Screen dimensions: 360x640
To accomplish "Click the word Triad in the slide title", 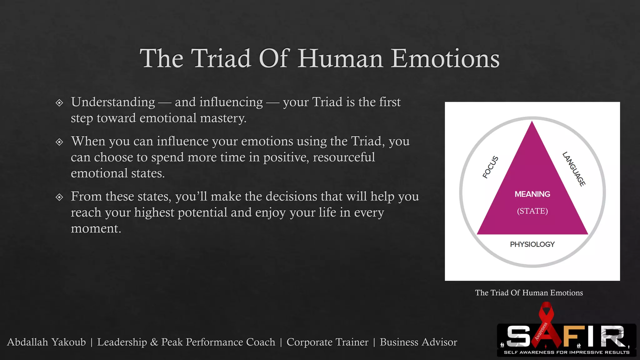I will tap(221, 58).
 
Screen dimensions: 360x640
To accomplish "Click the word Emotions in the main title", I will tap(445, 58).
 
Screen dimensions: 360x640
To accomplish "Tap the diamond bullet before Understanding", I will tap(59, 103).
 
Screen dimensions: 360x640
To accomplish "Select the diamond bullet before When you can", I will tap(59, 142).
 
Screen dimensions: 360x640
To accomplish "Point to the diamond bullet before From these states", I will tap(59, 197).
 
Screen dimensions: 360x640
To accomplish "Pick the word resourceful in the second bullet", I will tap(344, 157).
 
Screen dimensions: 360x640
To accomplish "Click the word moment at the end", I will tap(95, 228).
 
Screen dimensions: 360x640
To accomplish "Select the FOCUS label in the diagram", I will tap(490, 167).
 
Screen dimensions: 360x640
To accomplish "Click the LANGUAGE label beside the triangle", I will tap(574, 169).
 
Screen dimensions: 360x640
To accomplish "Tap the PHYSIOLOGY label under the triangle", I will tap(532, 244).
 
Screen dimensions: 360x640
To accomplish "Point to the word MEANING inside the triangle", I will tap(532, 194).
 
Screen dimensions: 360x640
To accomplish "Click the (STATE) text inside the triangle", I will tap(532, 211).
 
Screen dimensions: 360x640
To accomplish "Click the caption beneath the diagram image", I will tap(529, 293).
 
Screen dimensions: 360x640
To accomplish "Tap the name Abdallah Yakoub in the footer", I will tap(46, 342).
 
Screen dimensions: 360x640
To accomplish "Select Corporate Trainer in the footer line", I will tap(327, 342).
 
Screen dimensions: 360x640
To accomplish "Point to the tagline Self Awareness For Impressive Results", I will tap(567, 352).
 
